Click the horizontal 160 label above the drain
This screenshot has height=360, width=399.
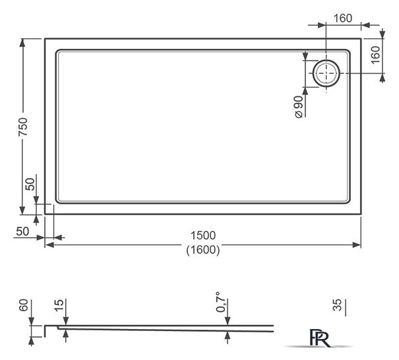click(342, 17)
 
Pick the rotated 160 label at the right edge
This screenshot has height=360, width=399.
click(375, 55)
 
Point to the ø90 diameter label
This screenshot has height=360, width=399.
click(298, 106)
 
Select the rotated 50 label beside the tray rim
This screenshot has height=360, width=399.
click(30, 184)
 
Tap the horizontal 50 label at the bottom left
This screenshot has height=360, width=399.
click(21, 231)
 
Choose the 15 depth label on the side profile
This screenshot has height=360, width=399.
click(58, 305)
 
